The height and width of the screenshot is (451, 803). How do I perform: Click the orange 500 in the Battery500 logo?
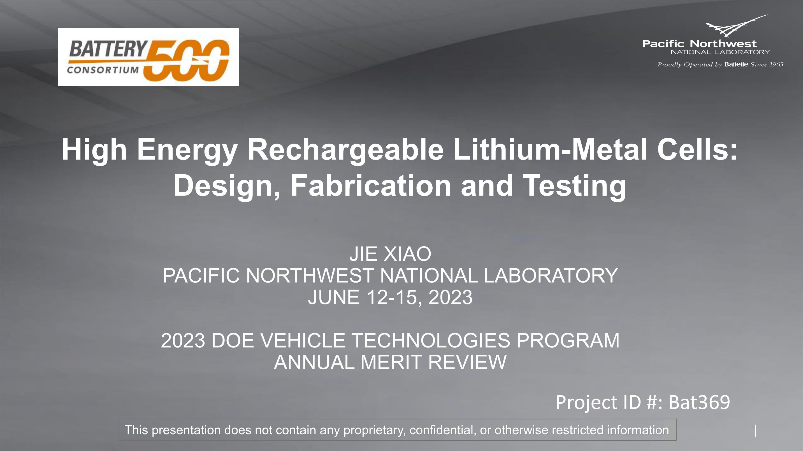point(186,60)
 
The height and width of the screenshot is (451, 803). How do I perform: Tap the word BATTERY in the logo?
point(108,49)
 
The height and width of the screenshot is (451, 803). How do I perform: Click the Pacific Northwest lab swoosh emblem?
point(737,26)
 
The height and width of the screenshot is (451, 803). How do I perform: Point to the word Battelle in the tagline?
point(736,64)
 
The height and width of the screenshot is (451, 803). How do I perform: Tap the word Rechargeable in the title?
point(345,150)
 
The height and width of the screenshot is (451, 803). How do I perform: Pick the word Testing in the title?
point(574,186)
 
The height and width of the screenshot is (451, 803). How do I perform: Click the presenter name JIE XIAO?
point(390,254)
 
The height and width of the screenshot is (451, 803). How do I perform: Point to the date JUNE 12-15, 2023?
point(390,297)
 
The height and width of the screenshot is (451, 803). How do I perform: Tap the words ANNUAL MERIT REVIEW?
point(390,362)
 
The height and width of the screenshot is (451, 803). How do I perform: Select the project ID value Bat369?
point(699,402)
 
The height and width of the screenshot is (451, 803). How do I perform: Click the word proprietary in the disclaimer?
point(374,430)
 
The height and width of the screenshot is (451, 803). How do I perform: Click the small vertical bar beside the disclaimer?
point(756,431)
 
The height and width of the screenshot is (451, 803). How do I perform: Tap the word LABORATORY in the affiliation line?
point(551,276)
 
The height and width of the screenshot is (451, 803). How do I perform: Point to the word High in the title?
point(94,150)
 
